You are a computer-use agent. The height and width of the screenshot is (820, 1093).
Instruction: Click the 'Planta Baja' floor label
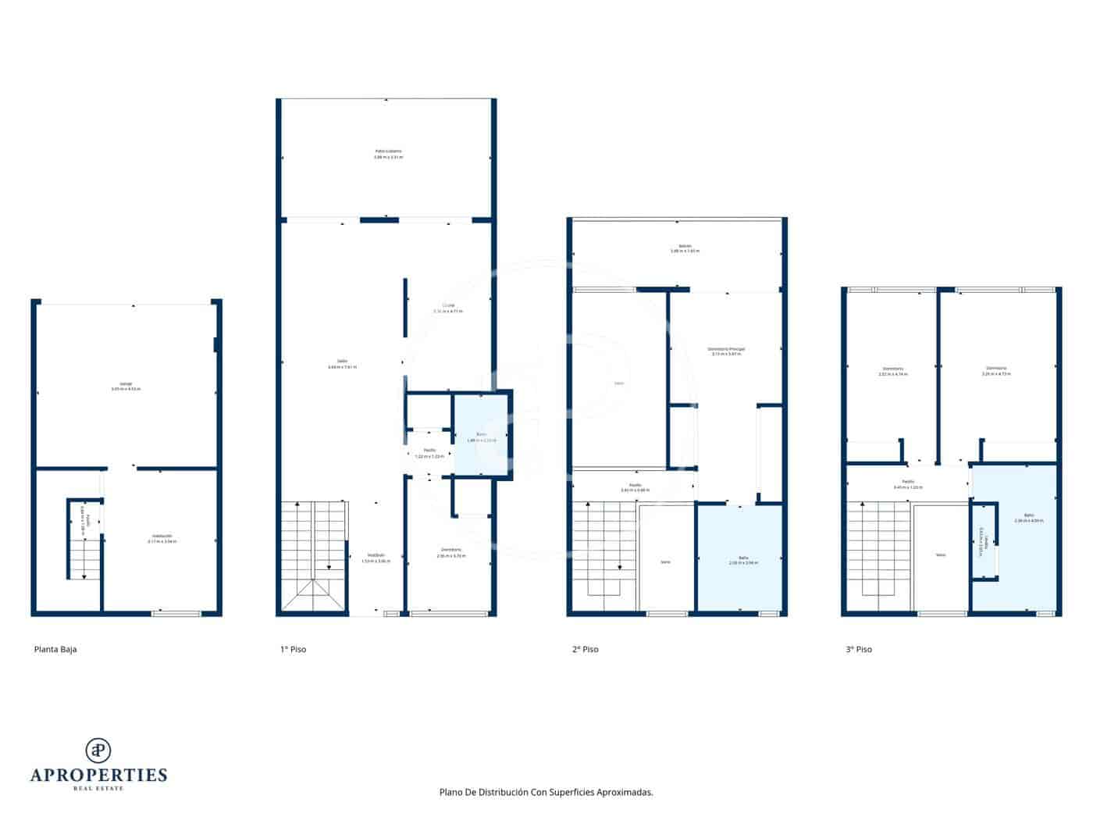point(55,649)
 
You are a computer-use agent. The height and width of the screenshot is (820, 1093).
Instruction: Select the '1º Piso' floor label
point(293,649)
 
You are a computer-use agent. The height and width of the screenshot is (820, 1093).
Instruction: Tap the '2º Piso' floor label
point(585,649)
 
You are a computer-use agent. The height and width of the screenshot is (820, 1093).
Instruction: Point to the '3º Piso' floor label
point(859,649)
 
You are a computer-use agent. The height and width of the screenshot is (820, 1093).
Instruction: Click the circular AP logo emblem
point(98,750)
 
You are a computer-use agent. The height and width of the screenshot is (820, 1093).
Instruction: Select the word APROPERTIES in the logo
point(98,775)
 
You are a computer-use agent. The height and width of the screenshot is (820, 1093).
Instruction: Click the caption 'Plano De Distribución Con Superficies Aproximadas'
point(546,792)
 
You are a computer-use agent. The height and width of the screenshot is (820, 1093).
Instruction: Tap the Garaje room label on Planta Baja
point(126,386)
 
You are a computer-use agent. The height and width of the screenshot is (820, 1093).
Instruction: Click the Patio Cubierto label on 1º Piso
point(388,154)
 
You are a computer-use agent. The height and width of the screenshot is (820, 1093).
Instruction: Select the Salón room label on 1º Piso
point(342,363)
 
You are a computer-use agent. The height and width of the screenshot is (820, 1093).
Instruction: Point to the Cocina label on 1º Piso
point(448,308)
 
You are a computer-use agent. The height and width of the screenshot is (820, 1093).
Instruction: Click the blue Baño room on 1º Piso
point(481,437)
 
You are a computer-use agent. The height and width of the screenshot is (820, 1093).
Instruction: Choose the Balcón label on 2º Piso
point(685,248)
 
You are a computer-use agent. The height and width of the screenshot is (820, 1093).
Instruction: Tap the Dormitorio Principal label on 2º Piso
point(726,351)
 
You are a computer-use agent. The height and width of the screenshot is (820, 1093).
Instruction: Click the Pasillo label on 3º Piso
point(908,484)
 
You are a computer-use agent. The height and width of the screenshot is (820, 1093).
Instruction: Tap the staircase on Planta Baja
point(84,551)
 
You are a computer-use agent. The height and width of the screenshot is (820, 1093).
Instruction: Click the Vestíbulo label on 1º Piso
point(375,557)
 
